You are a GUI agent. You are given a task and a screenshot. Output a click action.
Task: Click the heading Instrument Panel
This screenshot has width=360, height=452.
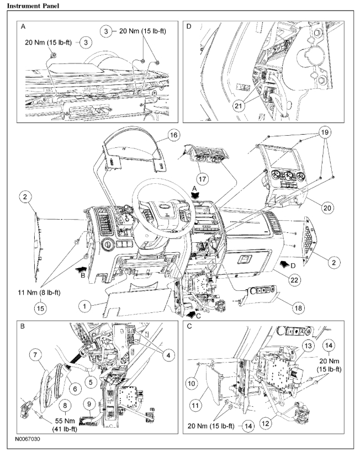point(29,6)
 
